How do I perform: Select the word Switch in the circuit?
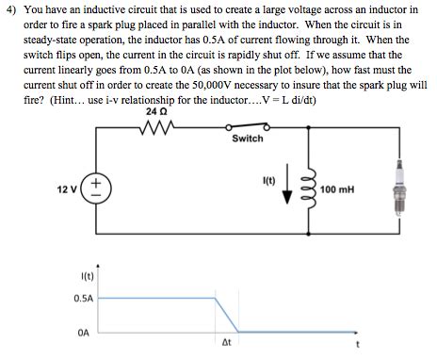tap(247, 139)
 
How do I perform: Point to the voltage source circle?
tap(100, 187)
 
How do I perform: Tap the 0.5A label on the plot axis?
tap(83, 298)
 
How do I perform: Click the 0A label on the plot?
tap(84, 331)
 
